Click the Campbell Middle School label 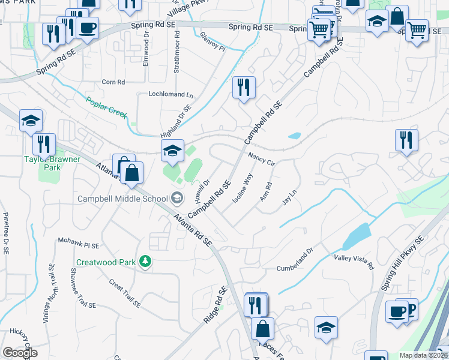click(x=122, y=198)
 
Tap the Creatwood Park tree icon click(x=145, y=261)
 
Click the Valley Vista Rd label click(x=354, y=262)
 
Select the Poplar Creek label click(x=106, y=107)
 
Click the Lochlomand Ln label click(x=172, y=95)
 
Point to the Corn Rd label click(x=113, y=82)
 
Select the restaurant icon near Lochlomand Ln click(x=244, y=88)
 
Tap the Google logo click(x=20, y=353)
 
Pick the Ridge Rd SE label click(x=216, y=305)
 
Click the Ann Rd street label click(x=265, y=192)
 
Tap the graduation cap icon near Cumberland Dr click(x=326, y=327)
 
